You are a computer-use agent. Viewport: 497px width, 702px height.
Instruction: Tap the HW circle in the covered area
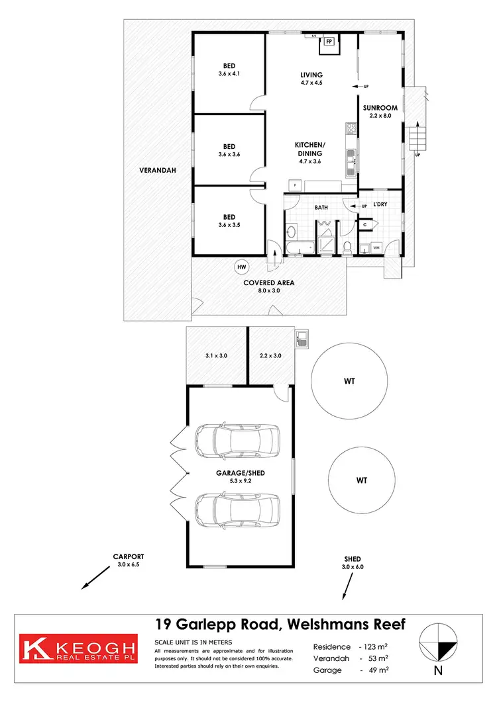coord(242,267)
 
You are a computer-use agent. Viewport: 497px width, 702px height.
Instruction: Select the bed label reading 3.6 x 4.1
coord(229,70)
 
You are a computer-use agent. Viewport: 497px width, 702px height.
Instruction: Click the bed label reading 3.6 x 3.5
coord(229,221)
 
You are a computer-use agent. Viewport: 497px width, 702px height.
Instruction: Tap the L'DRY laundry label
coord(380,204)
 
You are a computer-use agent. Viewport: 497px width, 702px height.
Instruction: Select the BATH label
coord(321,208)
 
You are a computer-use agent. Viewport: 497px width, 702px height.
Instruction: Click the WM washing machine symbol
coord(376,247)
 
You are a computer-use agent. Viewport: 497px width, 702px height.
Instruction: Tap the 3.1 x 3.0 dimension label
coord(216,355)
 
